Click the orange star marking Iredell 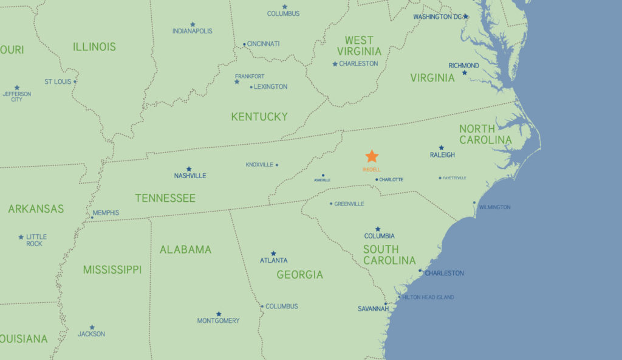(372, 156)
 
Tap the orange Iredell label (371, 170)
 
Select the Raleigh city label (442, 155)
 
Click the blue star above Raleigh (441, 148)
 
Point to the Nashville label (190, 176)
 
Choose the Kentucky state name (259, 116)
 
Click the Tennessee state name (165, 198)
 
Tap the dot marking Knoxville (277, 165)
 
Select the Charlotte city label (391, 179)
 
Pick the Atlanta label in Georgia (274, 260)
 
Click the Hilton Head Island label (428, 297)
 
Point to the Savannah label (373, 309)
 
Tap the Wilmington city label (494, 207)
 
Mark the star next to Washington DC (466, 16)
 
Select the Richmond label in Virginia (463, 66)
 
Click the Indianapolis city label (193, 31)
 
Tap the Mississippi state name (112, 269)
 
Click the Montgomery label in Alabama (218, 320)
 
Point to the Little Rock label (36, 240)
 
